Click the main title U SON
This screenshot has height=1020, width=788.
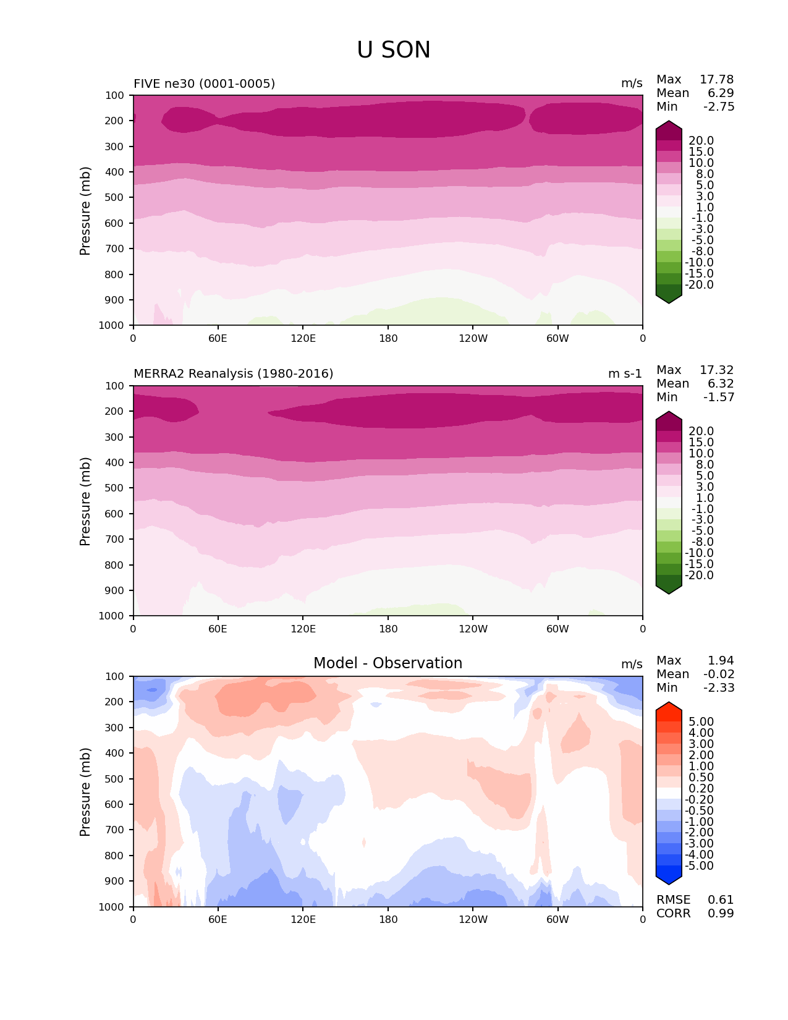[393, 50]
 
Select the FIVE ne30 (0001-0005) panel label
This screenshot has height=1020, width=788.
[204, 83]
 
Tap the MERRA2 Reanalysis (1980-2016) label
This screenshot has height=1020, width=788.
[233, 373]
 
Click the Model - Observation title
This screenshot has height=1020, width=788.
[388, 663]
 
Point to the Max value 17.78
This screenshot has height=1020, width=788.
[716, 79]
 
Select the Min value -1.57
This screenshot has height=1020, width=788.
[719, 397]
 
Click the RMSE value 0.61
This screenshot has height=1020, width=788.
[721, 899]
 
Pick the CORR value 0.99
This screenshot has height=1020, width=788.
[721, 913]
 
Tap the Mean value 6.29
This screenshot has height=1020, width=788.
[721, 93]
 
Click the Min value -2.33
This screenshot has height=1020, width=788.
[719, 687]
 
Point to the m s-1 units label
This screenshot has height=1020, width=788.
[625, 373]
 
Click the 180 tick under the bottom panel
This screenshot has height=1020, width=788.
[388, 919]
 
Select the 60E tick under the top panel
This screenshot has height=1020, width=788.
[218, 338]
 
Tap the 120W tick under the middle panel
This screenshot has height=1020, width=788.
[473, 629]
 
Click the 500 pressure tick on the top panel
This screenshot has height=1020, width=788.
[115, 197]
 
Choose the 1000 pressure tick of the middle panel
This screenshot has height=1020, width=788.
[112, 616]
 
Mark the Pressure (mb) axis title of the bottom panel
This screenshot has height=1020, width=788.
[85, 791]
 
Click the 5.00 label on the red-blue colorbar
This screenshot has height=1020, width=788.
[701, 721]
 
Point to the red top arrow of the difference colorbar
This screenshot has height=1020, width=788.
[669, 708]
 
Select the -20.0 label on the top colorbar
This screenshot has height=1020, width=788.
[700, 284]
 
